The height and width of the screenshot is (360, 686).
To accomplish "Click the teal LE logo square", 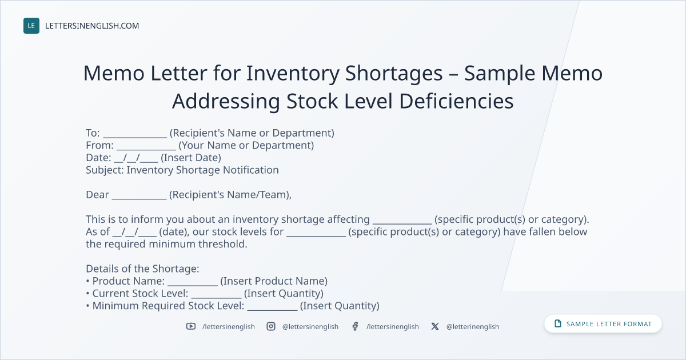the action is tap(31, 26).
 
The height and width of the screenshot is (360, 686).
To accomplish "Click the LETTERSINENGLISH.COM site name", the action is tap(92, 26).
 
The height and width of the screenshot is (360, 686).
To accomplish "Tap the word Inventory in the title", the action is tap(293, 74).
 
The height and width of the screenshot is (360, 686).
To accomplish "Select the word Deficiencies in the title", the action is tap(456, 101).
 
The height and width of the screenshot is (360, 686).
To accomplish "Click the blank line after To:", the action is tap(135, 137).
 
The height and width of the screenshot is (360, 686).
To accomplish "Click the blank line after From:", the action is tap(146, 149).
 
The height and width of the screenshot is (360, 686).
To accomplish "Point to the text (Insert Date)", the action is tap(191, 158).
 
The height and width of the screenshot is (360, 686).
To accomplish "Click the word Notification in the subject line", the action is tap(251, 170).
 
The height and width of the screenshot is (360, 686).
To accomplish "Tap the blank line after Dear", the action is tap(139, 199).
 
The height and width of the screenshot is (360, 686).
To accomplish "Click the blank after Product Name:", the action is tap(193, 285).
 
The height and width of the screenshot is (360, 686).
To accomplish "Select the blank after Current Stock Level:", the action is tap(217, 297).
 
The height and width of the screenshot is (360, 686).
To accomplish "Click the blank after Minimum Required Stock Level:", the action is tap(272, 310).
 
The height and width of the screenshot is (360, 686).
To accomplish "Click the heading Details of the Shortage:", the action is tap(142, 269).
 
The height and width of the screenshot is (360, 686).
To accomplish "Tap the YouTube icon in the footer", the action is tap(191, 326).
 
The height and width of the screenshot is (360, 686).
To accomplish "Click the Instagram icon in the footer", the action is tap(271, 326).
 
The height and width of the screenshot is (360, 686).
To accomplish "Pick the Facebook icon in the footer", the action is tap(355, 326).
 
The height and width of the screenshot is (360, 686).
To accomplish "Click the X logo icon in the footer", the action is tap(435, 326).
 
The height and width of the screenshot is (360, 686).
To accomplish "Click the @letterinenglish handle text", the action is tap(473, 327).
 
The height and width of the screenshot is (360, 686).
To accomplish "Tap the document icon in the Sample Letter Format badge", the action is tap(558, 323).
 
